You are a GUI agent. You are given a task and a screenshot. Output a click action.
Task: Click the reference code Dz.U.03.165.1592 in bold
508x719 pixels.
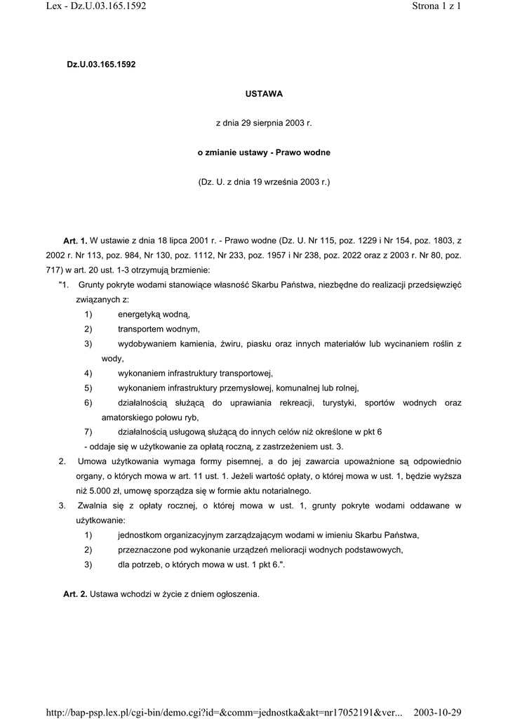point(101,64)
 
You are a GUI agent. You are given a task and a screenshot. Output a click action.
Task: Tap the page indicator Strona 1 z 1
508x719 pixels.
point(435,7)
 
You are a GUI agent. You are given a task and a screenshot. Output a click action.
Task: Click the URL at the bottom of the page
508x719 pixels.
point(222,712)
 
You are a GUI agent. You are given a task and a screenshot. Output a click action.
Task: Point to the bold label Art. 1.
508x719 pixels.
point(75,241)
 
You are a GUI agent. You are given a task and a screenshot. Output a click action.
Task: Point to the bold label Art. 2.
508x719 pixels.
point(75,594)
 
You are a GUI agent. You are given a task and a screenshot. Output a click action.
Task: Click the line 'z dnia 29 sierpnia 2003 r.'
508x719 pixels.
point(263,123)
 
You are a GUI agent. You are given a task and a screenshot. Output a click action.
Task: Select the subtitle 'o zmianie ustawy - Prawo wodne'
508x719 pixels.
point(263,152)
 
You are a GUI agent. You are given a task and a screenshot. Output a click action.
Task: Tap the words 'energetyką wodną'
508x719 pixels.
point(154,315)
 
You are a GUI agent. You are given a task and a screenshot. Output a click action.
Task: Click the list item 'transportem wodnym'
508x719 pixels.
point(159,329)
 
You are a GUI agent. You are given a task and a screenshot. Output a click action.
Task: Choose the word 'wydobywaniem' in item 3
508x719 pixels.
point(147,344)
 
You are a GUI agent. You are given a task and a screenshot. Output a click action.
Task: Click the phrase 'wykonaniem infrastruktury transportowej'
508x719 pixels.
point(194,374)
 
